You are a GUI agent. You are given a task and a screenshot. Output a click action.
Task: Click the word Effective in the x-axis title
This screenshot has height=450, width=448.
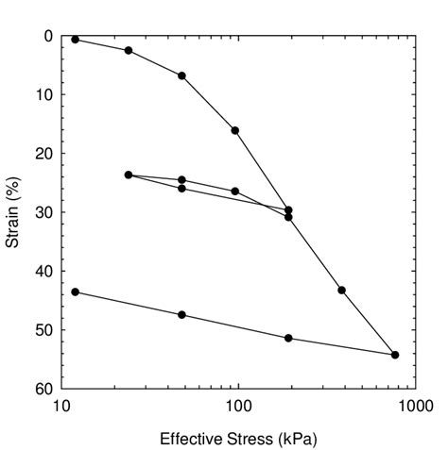pyautogui.click(x=187, y=439)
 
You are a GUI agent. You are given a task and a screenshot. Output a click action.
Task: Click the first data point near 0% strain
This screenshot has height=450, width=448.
pyautogui.click(x=76, y=40)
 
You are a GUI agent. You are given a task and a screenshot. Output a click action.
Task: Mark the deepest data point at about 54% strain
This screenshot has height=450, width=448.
pyautogui.click(x=395, y=355)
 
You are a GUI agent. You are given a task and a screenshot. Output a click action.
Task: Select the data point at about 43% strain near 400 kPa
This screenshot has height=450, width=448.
pyautogui.click(x=341, y=290)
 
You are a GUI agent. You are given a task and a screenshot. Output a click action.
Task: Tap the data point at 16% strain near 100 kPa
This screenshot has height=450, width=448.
pyautogui.click(x=235, y=130)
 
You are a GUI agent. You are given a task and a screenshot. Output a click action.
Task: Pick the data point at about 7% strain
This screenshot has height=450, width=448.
pyautogui.click(x=181, y=75)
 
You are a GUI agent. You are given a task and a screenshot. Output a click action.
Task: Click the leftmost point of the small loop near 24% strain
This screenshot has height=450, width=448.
pyautogui.click(x=129, y=175)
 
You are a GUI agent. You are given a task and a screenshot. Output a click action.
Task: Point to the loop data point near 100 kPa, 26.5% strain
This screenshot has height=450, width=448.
pyautogui.click(x=235, y=192)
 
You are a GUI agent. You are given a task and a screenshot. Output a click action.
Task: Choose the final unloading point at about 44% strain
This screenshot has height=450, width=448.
pyautogui.click(x=76, y=292)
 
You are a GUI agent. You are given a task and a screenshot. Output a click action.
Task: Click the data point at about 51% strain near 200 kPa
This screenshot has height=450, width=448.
pyautogui.click(x=288, y=338)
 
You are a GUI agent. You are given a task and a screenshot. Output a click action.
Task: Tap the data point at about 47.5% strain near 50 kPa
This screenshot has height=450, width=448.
pyautogui.click(x=181, y=314)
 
